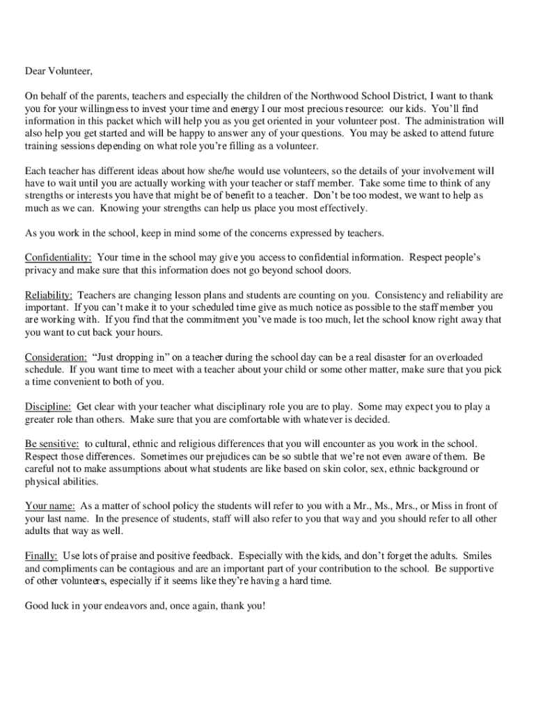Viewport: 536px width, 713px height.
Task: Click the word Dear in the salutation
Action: point(36,71)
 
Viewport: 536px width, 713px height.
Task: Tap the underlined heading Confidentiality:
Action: point(58,258)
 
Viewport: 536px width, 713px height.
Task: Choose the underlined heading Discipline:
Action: point(48,407)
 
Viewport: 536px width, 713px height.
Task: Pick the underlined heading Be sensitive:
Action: point(52,444)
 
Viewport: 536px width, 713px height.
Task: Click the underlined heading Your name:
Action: point(50,506)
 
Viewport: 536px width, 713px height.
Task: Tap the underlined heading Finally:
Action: point(41,556)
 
